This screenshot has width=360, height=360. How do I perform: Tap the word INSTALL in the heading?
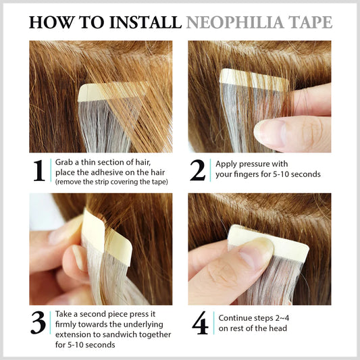(x=145, y=22)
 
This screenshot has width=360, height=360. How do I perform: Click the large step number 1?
(x=38, y=170)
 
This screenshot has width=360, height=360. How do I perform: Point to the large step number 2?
(x=197, y=170)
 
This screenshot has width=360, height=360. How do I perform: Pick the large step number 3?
(x=38, y=322)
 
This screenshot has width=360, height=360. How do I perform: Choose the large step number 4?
(x=200, y=323)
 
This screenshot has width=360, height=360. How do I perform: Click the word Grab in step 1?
(x=63, y=162)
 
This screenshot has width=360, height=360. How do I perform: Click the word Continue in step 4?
(x=235, y=318)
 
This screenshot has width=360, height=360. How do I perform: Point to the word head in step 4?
(x=278, y=328)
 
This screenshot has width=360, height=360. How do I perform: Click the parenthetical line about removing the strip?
(x=111, y=182)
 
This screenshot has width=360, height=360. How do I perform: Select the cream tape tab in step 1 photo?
(x=113, y=92)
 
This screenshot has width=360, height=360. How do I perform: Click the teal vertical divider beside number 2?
(x=210, y=170)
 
